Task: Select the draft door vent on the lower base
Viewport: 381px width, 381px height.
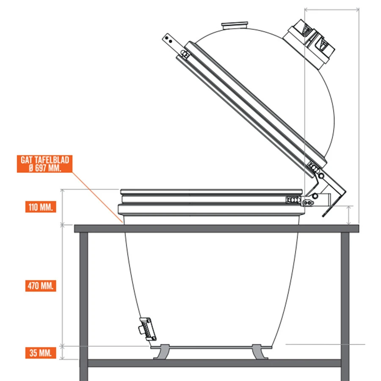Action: coord(146,329)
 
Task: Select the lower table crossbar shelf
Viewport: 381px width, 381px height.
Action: coord(214,363)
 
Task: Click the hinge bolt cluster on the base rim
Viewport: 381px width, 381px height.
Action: coord(292,199)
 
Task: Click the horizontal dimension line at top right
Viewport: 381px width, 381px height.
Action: coord(332,9)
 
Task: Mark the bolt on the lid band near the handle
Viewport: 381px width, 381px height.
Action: coord(184,53)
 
